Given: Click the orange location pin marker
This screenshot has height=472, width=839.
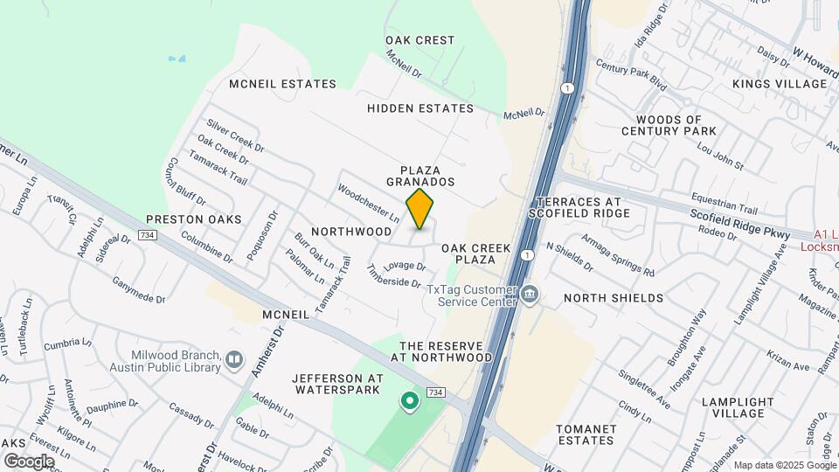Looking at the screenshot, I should [x=420, y=208].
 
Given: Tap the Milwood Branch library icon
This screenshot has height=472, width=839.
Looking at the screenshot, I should [x=233, y=359].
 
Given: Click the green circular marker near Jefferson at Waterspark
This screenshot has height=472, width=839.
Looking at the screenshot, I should [x=408, y=402].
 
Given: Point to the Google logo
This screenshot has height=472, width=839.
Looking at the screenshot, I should [x=29, y=461].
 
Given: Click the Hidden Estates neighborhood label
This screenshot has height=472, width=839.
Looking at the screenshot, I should [x=420, y=108].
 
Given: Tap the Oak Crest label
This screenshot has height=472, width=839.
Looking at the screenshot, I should [x=420, y=40].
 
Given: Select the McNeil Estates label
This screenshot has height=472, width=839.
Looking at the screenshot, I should [x=282, y=84].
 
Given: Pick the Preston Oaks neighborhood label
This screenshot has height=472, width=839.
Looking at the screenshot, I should [x=193, y=219].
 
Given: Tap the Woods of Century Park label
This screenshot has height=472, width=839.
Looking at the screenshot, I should [x=669, y=125].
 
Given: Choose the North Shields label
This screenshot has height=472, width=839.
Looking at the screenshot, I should [x=614, y=298].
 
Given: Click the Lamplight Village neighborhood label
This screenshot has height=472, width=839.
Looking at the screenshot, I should [x=738, y=408].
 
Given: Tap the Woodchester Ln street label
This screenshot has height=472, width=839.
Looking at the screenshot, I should [x=368, y=202].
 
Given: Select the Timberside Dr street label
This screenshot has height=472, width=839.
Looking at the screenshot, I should [x=394, y=284].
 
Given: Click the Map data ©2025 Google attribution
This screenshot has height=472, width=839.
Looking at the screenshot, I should [x=784, y=465].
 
